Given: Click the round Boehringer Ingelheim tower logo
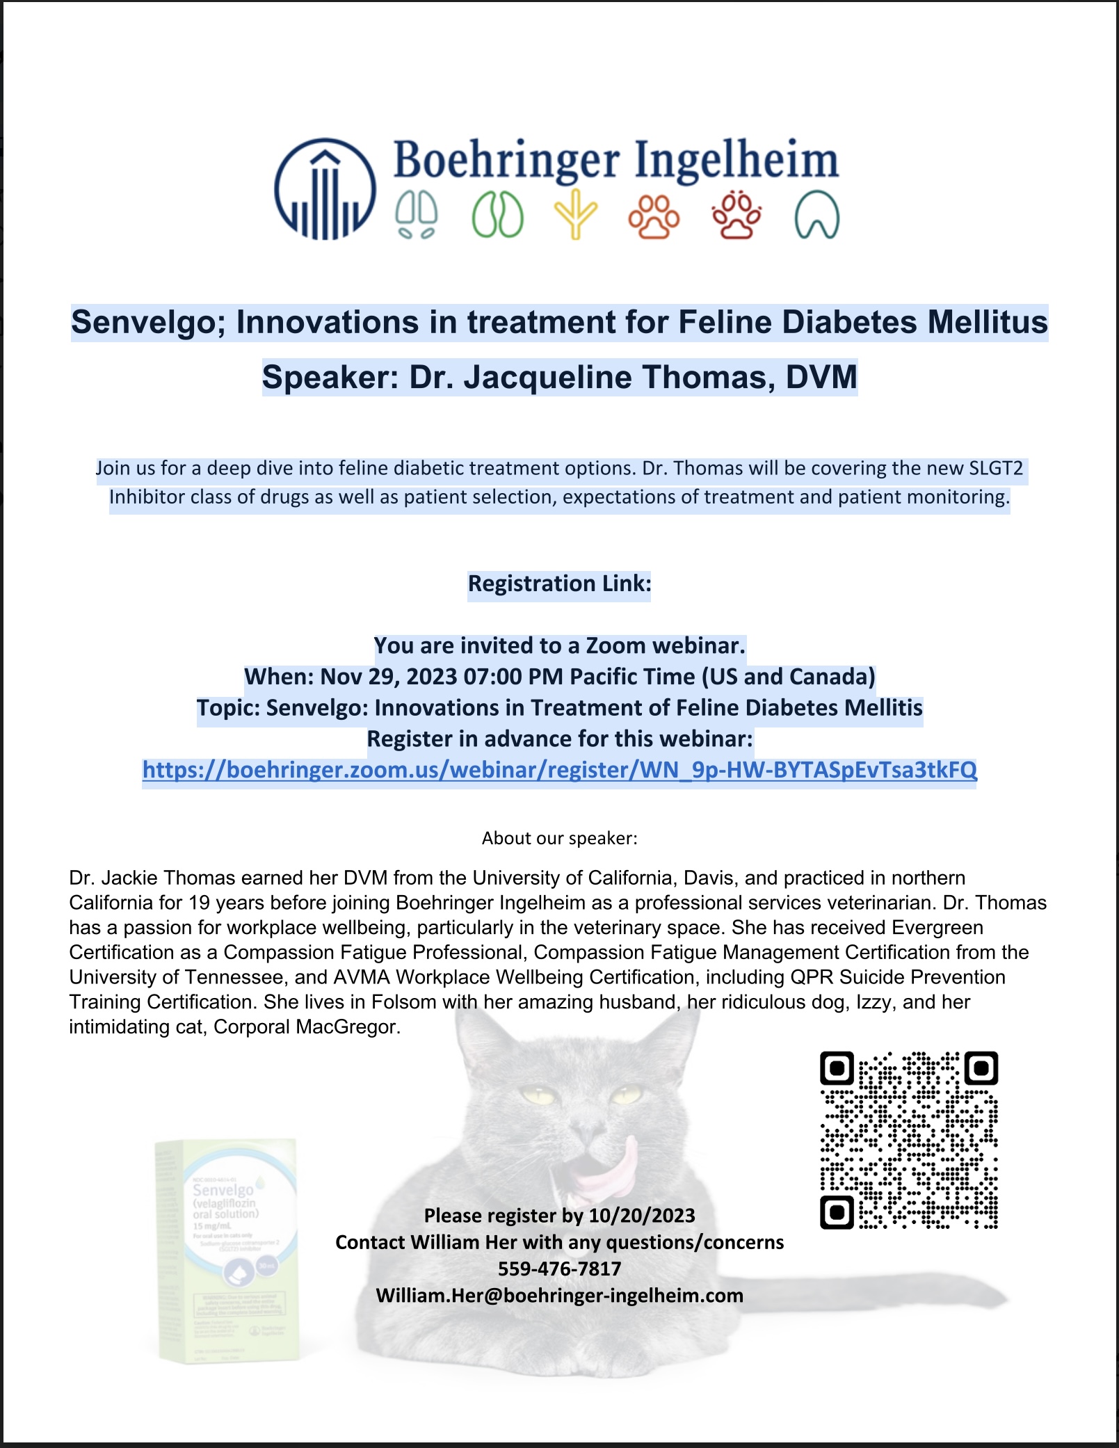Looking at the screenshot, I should click(x=325, y=188).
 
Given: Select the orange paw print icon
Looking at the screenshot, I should click(x=654, y=216).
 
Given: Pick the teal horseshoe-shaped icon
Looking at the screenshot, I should click(x=816, y=214).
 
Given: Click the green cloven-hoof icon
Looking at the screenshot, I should click(x=497, y=214).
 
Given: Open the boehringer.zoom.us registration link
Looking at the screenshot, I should click(x=559, y=770).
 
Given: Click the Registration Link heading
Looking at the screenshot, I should click(x=559, y=584).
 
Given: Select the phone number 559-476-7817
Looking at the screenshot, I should click(x=559, y=1269).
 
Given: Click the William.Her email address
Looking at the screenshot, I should click(x=559, y=1296).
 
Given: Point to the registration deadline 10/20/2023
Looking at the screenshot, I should click(x=641, y=1216).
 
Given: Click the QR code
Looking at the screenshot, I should click(x=909, y=1140).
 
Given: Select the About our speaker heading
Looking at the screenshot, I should click(x=559, y=838).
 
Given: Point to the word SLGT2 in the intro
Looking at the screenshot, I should click(x=996, y=468).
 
